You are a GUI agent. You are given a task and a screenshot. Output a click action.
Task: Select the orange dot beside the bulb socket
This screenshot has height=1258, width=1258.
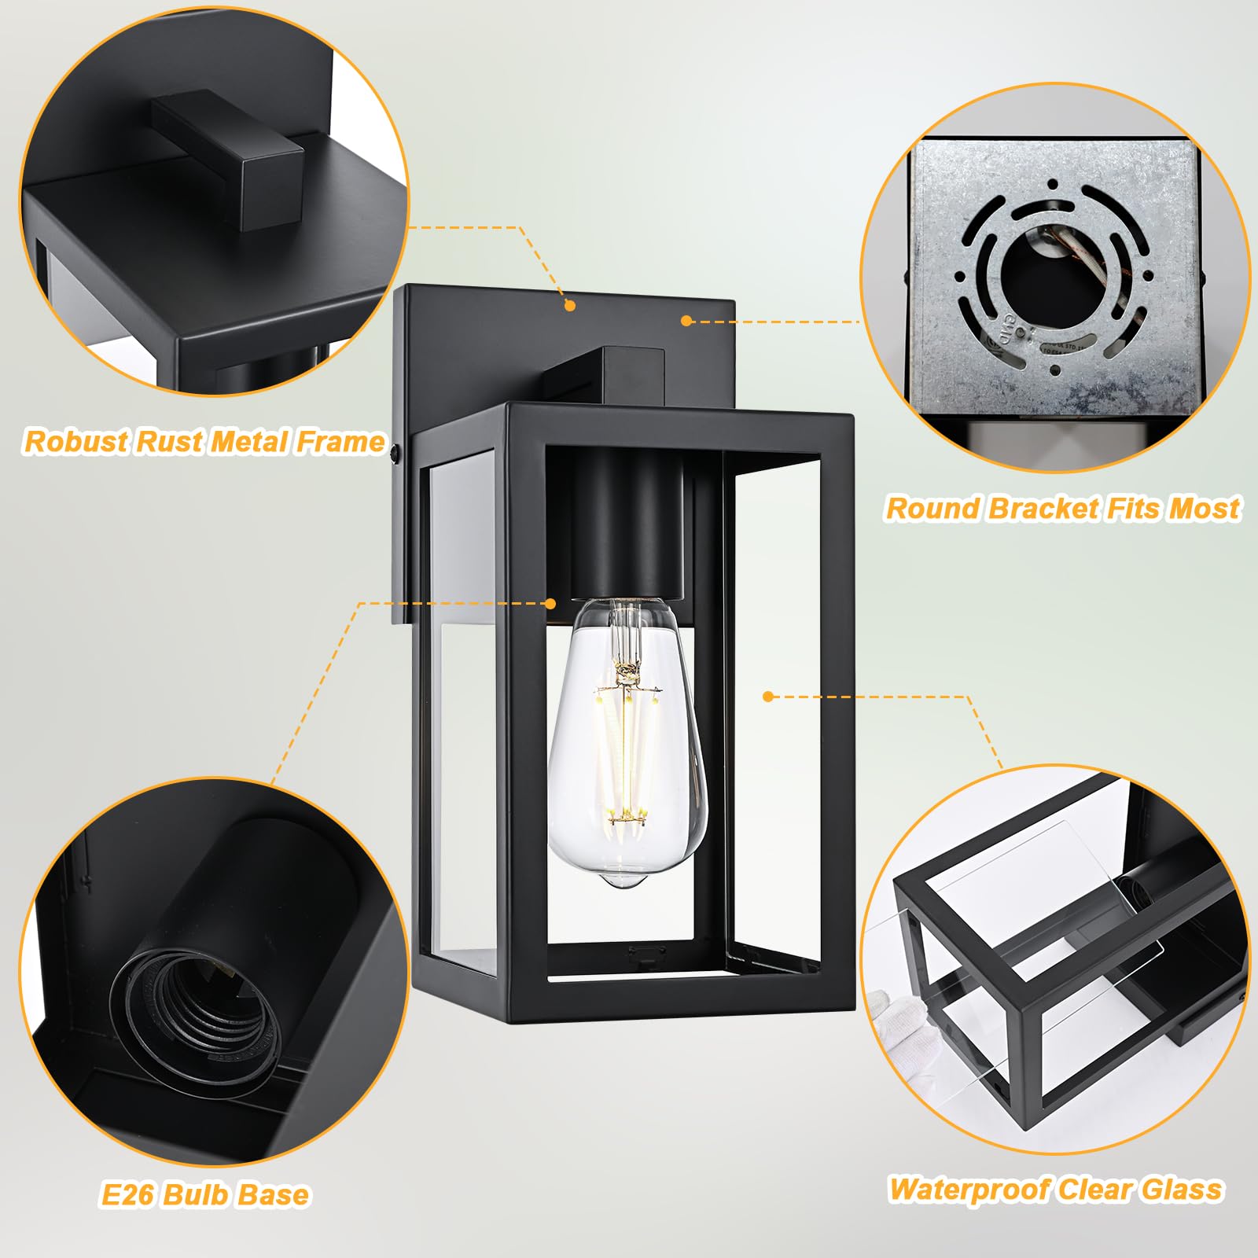[x=550, y=604]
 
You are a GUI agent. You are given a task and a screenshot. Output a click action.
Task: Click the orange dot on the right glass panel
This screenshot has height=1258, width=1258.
[x=768, y=697]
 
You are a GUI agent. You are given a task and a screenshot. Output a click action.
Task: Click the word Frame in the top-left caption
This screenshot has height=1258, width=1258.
[x=340, y=442]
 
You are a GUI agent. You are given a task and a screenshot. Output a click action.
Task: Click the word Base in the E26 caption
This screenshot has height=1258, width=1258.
[x=276, y=1195]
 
